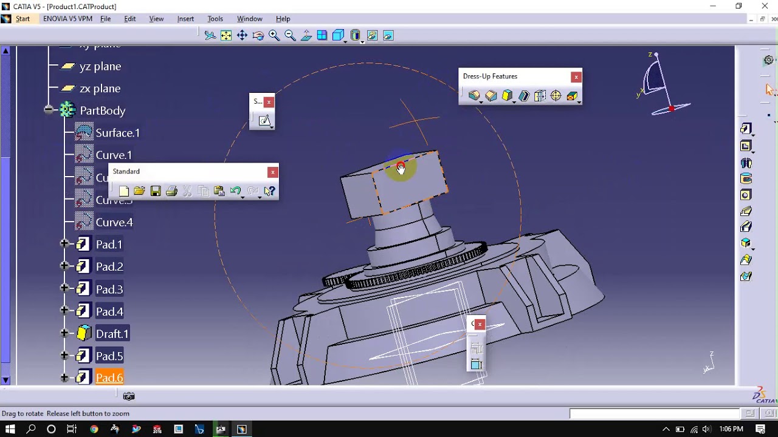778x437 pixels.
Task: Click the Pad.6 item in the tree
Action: point(109,378)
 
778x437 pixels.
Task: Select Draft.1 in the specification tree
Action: point(112,334)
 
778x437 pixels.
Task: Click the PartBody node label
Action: point(102,110)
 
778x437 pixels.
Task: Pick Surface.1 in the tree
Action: point(117,133)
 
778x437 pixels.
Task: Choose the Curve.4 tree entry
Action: point(114,222)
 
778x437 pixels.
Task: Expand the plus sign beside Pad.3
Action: point(64,288)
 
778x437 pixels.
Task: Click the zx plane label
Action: point(100,89)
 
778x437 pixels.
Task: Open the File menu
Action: point(105,19)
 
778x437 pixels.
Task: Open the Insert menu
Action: point(185,19)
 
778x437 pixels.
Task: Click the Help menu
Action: point(283,19)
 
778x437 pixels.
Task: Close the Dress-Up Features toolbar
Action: point(576,76)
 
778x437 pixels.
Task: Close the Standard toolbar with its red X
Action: point(273,172)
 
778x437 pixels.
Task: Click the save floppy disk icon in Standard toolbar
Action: point(156,191)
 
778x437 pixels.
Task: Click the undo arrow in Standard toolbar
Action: point(236,191)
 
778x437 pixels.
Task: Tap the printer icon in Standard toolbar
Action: point(171,191)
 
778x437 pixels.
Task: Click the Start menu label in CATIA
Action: point(22,19)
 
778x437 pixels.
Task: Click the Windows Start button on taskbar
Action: point(10,429)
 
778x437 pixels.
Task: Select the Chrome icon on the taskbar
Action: point(94,429)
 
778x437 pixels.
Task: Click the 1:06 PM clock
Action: point(731,429)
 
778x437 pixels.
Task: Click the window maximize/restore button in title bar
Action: point(738,6)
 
